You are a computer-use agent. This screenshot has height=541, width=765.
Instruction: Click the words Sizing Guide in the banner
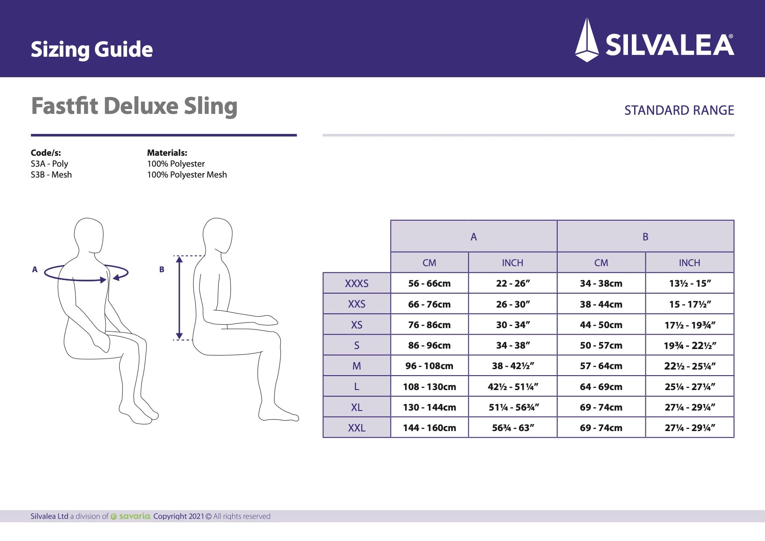pyautogui.click(x=92, y=49)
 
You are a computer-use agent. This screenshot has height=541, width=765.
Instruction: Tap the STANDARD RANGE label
pyautogui.click(x=679, y=110)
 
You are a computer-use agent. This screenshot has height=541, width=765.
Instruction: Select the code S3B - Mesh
pyautogui.click(x=51, y=175)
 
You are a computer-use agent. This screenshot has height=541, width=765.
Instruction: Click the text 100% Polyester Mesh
pyautogui.click(x=187, y=175)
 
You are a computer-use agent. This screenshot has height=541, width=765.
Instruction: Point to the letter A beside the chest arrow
pyautogui.click(x=35, y=270)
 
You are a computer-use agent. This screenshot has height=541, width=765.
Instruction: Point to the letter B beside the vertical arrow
pyautogui.click(x=161, y=270)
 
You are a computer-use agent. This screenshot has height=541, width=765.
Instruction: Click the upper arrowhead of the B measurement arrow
pyautogui.click(x=179, y=260)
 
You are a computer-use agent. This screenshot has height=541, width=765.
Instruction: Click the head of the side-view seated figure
pyautogui.click(x=218, y=235)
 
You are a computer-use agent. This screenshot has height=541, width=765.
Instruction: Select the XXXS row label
pyautogui.click(x=357, y=284)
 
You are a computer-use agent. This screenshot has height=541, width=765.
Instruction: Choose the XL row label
pyautogui.click(x=357, y=407)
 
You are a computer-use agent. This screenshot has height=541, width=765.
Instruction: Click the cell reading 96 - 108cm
pyautogui.click(x=429, y=366)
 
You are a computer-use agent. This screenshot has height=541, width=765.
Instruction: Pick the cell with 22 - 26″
pyautogui.click(x=513, y=284)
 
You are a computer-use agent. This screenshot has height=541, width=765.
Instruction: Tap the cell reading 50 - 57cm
pyautogui.click(x=601, y=346)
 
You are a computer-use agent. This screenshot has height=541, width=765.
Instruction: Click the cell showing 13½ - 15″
pyautogui.click(x=690, y=284)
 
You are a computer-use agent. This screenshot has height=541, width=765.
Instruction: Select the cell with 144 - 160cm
pyautogui.click(x=429, y=428)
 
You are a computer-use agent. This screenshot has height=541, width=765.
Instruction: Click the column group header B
pyautogui.click(x=645, y=236)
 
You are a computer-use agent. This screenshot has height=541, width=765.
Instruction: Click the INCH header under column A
pyautogui.click(x=512, y=263)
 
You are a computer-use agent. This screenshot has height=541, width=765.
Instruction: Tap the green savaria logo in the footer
pyautogui.click(x=130, y=516)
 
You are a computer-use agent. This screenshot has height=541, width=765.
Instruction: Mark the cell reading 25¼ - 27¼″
pyautogui.click(x=690, y=387)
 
